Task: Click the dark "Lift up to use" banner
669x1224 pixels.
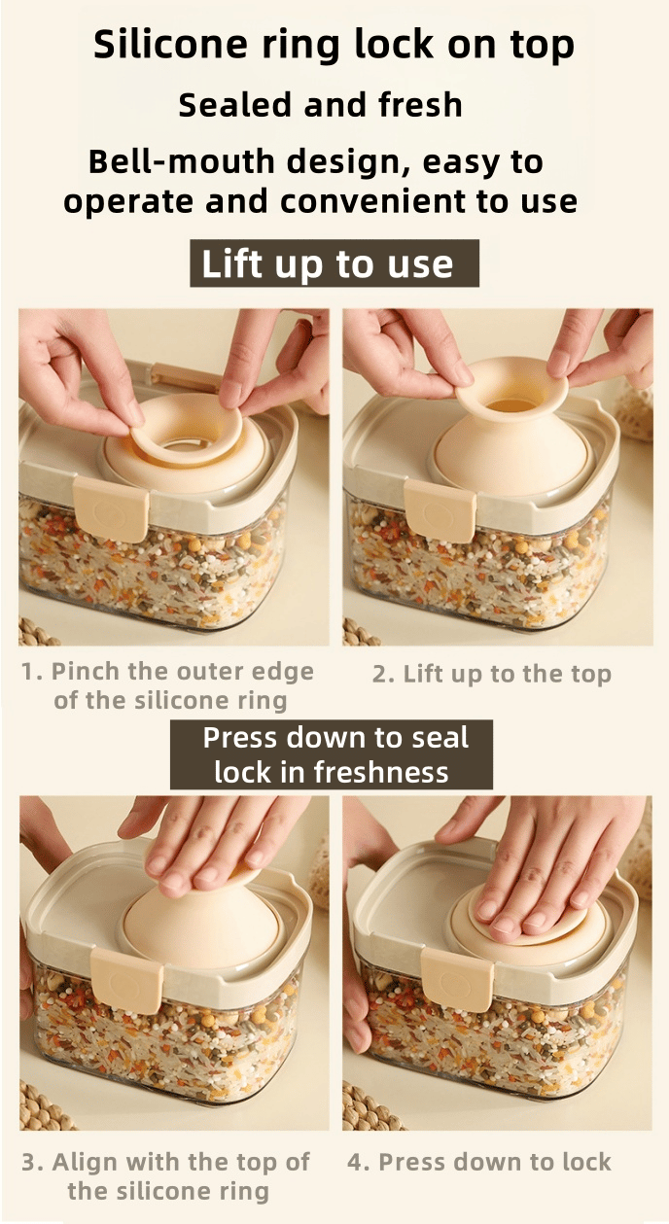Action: point(334,263)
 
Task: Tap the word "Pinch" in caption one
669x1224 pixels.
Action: point(82,672)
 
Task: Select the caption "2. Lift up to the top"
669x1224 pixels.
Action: point(491,675)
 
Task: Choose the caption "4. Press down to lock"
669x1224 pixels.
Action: point(479,1162)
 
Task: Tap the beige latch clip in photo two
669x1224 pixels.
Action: point(440,508)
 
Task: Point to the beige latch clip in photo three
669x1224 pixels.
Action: point(127,981)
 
